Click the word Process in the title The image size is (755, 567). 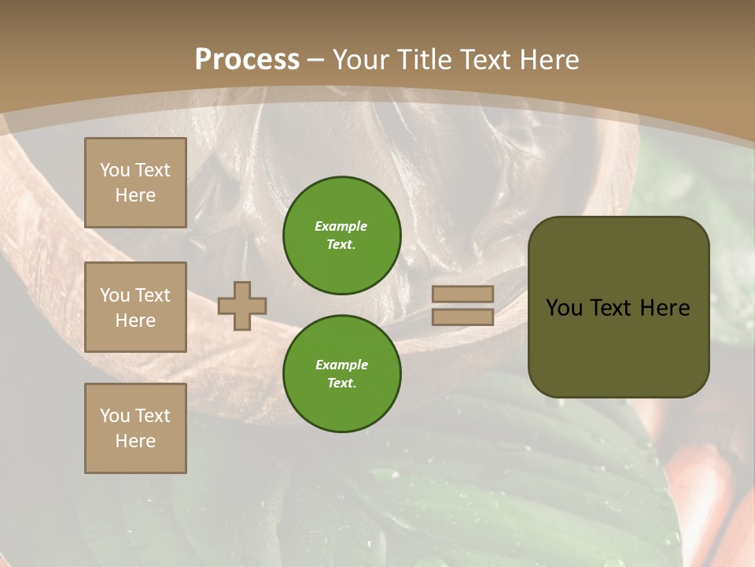click(247, 60)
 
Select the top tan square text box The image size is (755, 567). click(135, 183)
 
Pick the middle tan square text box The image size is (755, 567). click(135, 307)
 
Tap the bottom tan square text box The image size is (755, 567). click(135, 428)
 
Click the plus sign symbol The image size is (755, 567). click(242, 306)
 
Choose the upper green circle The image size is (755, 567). click(341, 235)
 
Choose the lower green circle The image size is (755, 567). click(341, 374)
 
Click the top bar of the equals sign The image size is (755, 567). click(462, 295)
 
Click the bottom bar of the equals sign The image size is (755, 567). click(462, 317)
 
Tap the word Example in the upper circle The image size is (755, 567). click(341, 226)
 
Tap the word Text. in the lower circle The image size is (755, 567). click(341, 383)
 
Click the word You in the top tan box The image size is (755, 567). click(115, 170)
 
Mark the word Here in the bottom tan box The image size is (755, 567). click(135, 441)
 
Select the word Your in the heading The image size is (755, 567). click(359, 60)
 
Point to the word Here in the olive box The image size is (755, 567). click(665, 308)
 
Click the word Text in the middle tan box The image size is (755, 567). click(153, 295)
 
